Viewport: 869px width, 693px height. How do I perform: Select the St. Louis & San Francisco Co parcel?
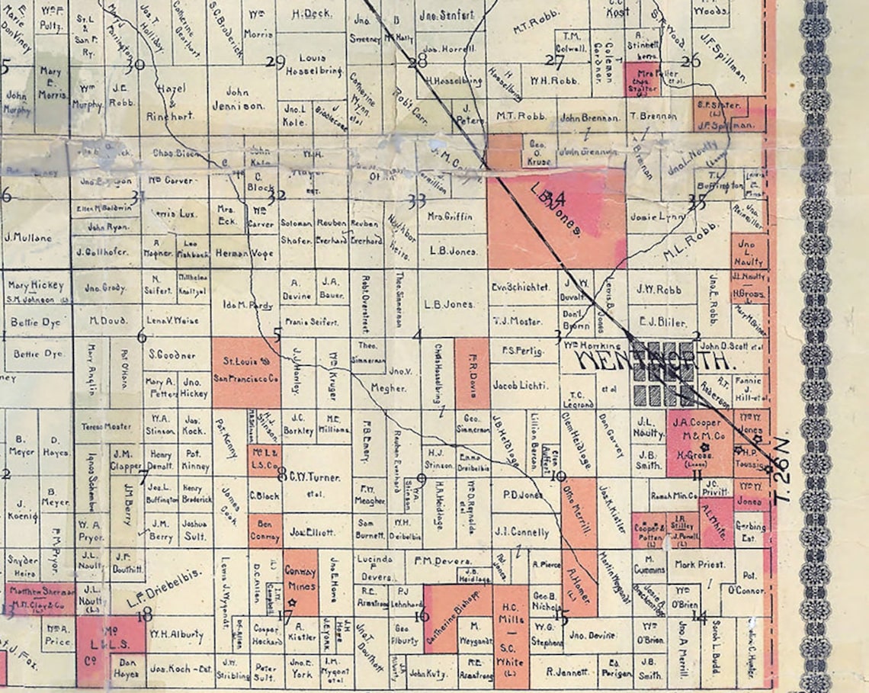245,371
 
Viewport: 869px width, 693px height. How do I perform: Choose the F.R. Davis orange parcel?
472,373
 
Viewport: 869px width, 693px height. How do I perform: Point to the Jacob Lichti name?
521,386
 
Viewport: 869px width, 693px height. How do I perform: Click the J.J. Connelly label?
521,532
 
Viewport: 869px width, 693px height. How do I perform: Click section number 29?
274,62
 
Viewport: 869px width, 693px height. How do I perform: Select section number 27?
554,61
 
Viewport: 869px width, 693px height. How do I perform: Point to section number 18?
143,614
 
